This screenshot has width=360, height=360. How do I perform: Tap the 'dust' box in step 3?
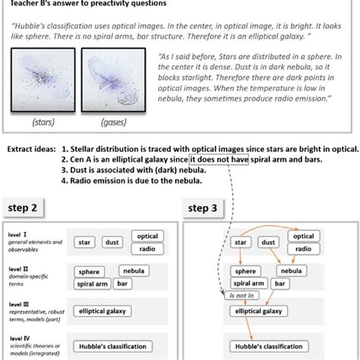point(268,242)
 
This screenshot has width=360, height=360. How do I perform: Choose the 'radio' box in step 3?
point(302,248)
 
